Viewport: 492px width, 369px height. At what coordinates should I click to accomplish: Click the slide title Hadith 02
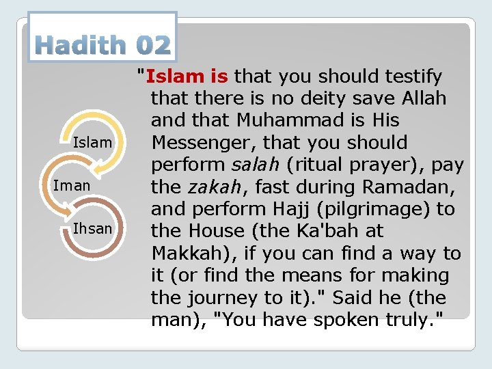click(102, 45)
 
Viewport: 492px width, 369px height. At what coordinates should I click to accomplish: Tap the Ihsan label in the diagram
click(92, 229)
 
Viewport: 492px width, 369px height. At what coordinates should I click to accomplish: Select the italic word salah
click(245, 165)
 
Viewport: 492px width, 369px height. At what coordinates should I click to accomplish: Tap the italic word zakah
click(208, 187)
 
